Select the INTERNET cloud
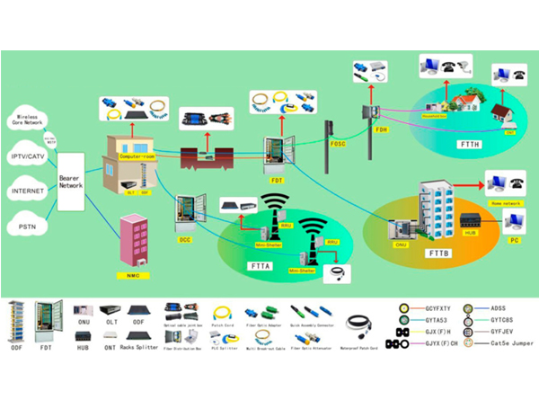(x=28, y=191)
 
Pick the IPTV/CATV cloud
(x=28, y=156)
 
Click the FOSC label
(x=338, y=144)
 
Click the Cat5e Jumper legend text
(x=504, y=343)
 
